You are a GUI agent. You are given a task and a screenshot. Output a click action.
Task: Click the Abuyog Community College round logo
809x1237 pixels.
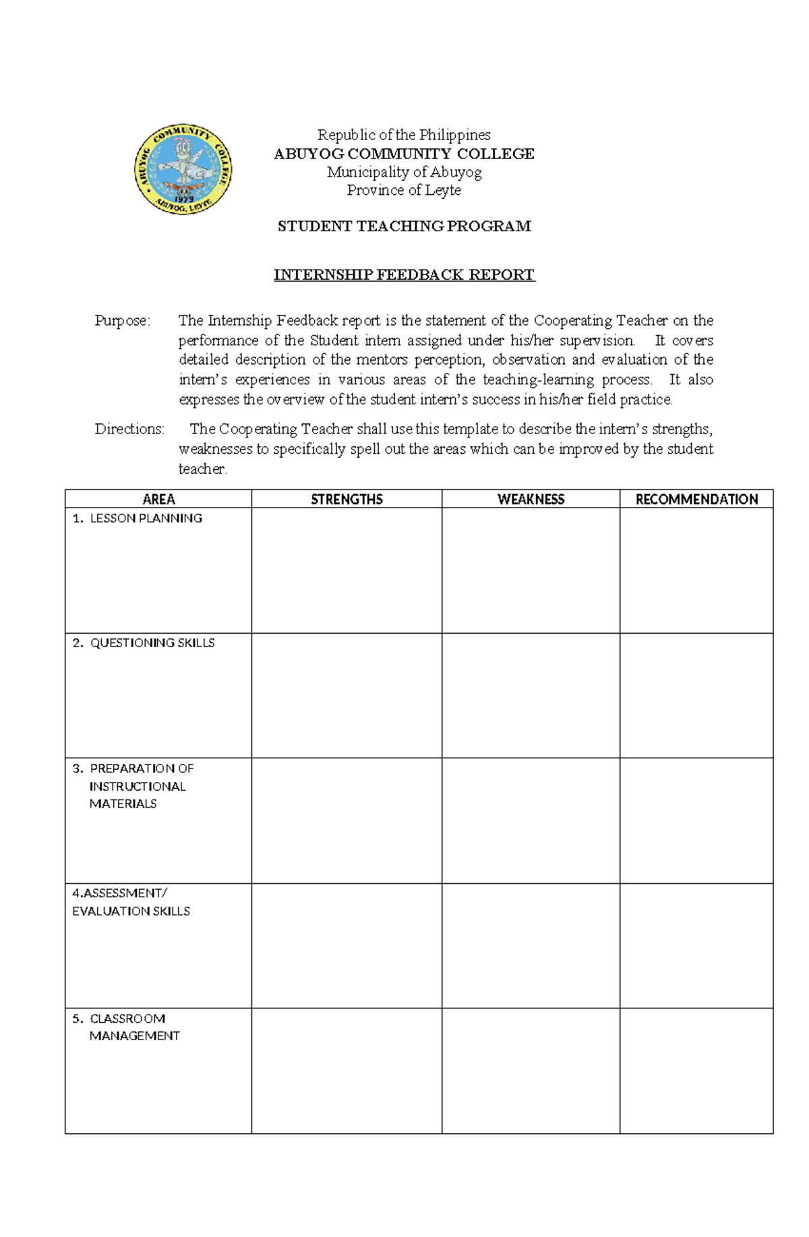[184, 170]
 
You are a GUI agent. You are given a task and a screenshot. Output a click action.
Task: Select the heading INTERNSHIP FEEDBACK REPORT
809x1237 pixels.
[404, 275]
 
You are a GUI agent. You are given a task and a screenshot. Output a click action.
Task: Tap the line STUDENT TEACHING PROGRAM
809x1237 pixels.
[404, 227]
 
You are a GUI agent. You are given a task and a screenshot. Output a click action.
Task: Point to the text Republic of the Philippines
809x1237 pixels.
[404, 135]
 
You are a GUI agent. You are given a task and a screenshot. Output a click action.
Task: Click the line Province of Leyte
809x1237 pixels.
[404, 191]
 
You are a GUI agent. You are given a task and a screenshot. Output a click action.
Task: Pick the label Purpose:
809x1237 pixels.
[122, 321]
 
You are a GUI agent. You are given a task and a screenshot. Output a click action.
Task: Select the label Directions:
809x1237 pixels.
[129, 429]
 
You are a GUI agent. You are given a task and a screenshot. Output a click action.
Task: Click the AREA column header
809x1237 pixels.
[158, 500]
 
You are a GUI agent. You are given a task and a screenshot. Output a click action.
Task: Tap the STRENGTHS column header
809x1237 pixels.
[347, 500]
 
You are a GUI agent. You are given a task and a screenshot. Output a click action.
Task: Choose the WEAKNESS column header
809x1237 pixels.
[531, 500]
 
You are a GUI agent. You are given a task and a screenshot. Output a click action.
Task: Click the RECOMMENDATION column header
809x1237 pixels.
[696, 500]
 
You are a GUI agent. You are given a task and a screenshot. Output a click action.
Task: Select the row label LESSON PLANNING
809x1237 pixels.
[146, 518]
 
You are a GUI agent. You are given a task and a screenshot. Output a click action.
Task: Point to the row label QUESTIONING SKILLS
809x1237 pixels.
[152, 643]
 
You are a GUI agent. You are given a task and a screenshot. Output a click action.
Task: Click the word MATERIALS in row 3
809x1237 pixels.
[123, 804]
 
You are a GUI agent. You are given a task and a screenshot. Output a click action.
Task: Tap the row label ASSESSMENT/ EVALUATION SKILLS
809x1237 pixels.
[131, 902]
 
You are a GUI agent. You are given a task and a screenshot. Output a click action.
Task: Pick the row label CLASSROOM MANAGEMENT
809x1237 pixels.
[133, 1027]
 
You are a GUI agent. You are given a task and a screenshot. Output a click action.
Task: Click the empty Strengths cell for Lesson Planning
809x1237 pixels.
[347, 570]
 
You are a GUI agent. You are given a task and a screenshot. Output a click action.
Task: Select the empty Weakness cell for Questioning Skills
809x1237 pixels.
[531, 696]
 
